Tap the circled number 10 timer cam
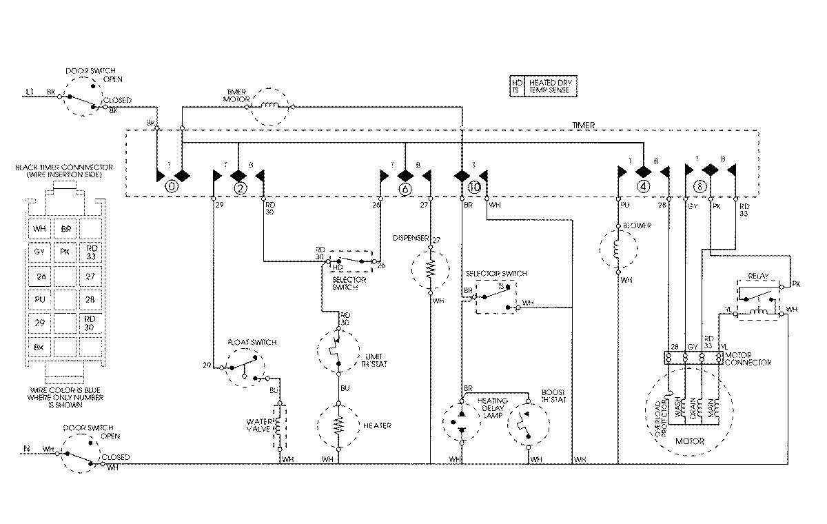click(x=473, y=187)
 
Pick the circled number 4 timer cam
click(x=642, y=186)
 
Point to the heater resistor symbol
click(x=339, y=426)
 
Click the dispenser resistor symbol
click(x=430, y=268)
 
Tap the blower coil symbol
click(x=617, y=248)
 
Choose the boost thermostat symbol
click(x=529, y=423)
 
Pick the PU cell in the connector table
click(x=39, y=299)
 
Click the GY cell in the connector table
click(x=39, y=252)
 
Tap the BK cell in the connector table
click(x=39, y=346)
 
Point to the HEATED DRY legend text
click(x=551, y=83)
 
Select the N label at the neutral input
click(x=28, y=450)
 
